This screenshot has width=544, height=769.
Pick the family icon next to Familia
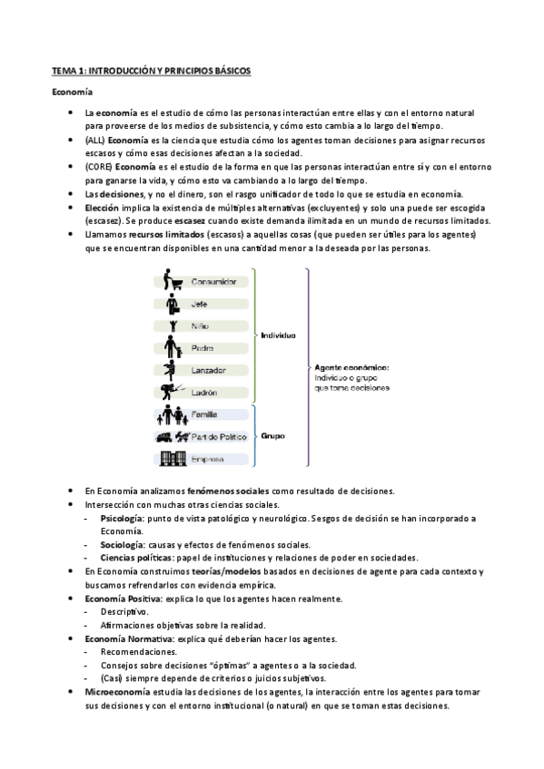point(171,415)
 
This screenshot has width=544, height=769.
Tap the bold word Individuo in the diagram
point(278,335)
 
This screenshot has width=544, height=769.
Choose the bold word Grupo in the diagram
point(272,436)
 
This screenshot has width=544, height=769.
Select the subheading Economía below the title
point(72,92)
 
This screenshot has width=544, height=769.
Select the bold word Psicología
point(122,518)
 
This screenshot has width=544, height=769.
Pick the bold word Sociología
point(122,544)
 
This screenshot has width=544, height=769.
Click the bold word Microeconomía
point(115,691)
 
